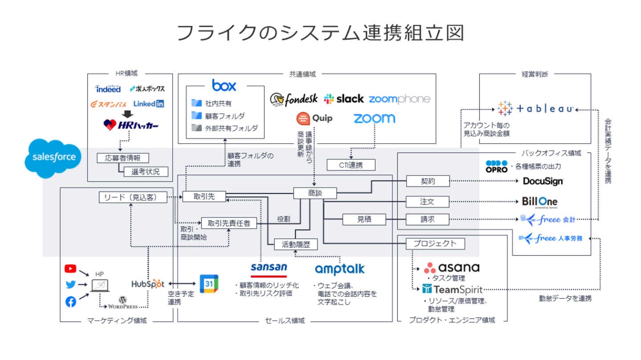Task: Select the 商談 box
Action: click(x=315, y=193)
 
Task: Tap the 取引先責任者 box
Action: click(x=229, y=223)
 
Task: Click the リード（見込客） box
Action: click(x=133, y=197)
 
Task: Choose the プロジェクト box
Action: click(x=435, y=243)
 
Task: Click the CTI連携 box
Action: click(x=351, y=165)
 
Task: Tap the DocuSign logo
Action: click(x=543, y=181)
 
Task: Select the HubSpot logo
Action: click(x=148, y=283)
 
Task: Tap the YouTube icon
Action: click(x=70, y=268)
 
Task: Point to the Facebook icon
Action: click(x=70, y=302)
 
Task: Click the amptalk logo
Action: click(x=339, y=269)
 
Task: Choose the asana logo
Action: click(x=451, y=267)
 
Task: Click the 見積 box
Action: click(x=364, y=219)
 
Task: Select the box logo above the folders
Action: click(x=224, y=85)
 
